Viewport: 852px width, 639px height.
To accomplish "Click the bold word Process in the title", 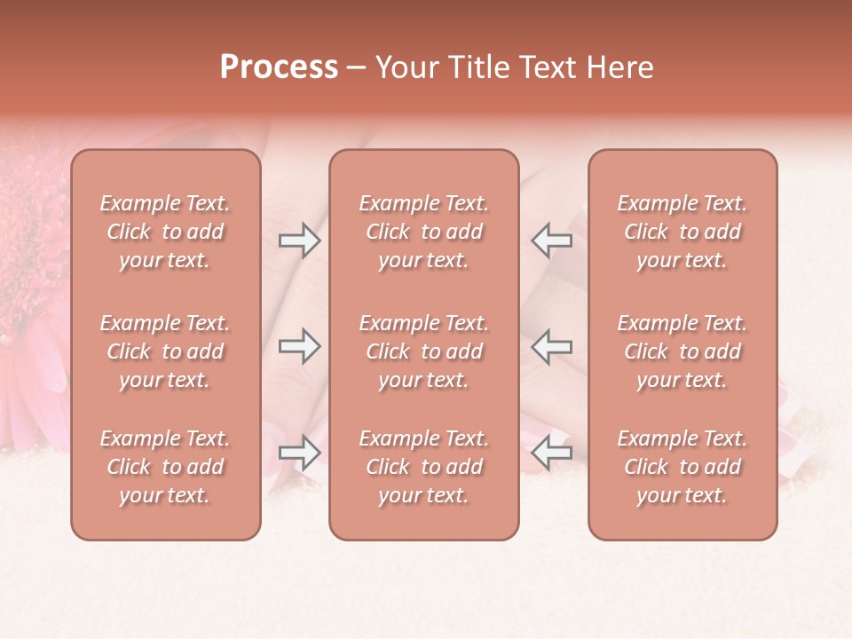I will click(279, 67).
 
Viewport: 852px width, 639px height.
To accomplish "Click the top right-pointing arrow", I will click(300, 241).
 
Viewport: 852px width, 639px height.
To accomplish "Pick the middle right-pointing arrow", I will click(300, 346).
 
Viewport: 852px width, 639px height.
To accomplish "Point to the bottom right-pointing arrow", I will click(300, 453).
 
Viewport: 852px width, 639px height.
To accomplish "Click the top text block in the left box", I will click(165, 232).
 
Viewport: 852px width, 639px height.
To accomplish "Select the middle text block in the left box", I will click(165, 351).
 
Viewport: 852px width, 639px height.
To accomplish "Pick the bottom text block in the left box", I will click(165, 467).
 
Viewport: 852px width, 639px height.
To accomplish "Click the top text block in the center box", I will click(423, 232).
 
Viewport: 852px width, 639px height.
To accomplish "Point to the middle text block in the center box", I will click(423, 351).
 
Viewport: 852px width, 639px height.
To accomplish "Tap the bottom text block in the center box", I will click(423, 467).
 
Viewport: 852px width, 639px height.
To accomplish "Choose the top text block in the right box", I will click(682, 232).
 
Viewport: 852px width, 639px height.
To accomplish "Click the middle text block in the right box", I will click(682, 351).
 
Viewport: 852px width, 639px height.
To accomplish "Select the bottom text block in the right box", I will click(682, 467).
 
